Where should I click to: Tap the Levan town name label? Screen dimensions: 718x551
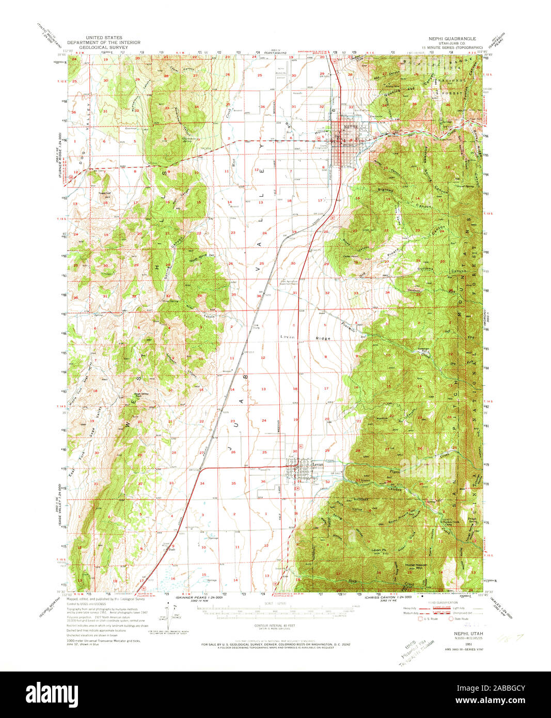point(317,465)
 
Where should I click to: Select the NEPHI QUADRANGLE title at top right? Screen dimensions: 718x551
point(452,39)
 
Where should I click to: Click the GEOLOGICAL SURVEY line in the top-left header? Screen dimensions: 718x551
point(104,47)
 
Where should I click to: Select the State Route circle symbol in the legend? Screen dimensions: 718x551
point(451,618)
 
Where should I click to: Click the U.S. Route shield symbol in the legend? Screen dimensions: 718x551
point(420,618)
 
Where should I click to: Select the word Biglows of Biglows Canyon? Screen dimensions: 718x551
point(385,191)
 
